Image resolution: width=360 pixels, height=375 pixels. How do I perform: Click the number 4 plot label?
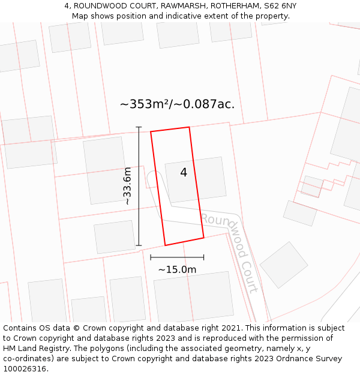[x=184, y=173]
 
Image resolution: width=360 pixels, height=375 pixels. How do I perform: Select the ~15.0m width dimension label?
[x=177, y=270]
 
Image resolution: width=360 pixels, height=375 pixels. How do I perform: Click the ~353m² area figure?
[x=144, y=104]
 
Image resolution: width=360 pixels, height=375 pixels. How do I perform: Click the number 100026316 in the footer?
[x=24, y=369]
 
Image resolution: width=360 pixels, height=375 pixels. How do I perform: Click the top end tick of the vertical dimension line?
[x=139, y=127]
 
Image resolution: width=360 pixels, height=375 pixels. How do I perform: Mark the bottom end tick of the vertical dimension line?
[x=139, y=245]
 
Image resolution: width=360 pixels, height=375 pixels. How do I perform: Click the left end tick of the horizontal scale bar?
[x=151, y=257]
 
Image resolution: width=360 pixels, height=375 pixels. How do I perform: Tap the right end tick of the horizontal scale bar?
[x=204, y=257]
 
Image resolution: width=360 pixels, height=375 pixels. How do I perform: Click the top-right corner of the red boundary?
[x=189, y=127]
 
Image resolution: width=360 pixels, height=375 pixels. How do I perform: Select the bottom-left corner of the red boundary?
[x=165, y=245]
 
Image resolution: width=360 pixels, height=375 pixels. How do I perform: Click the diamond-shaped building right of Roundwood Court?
[x=284, y=265]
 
